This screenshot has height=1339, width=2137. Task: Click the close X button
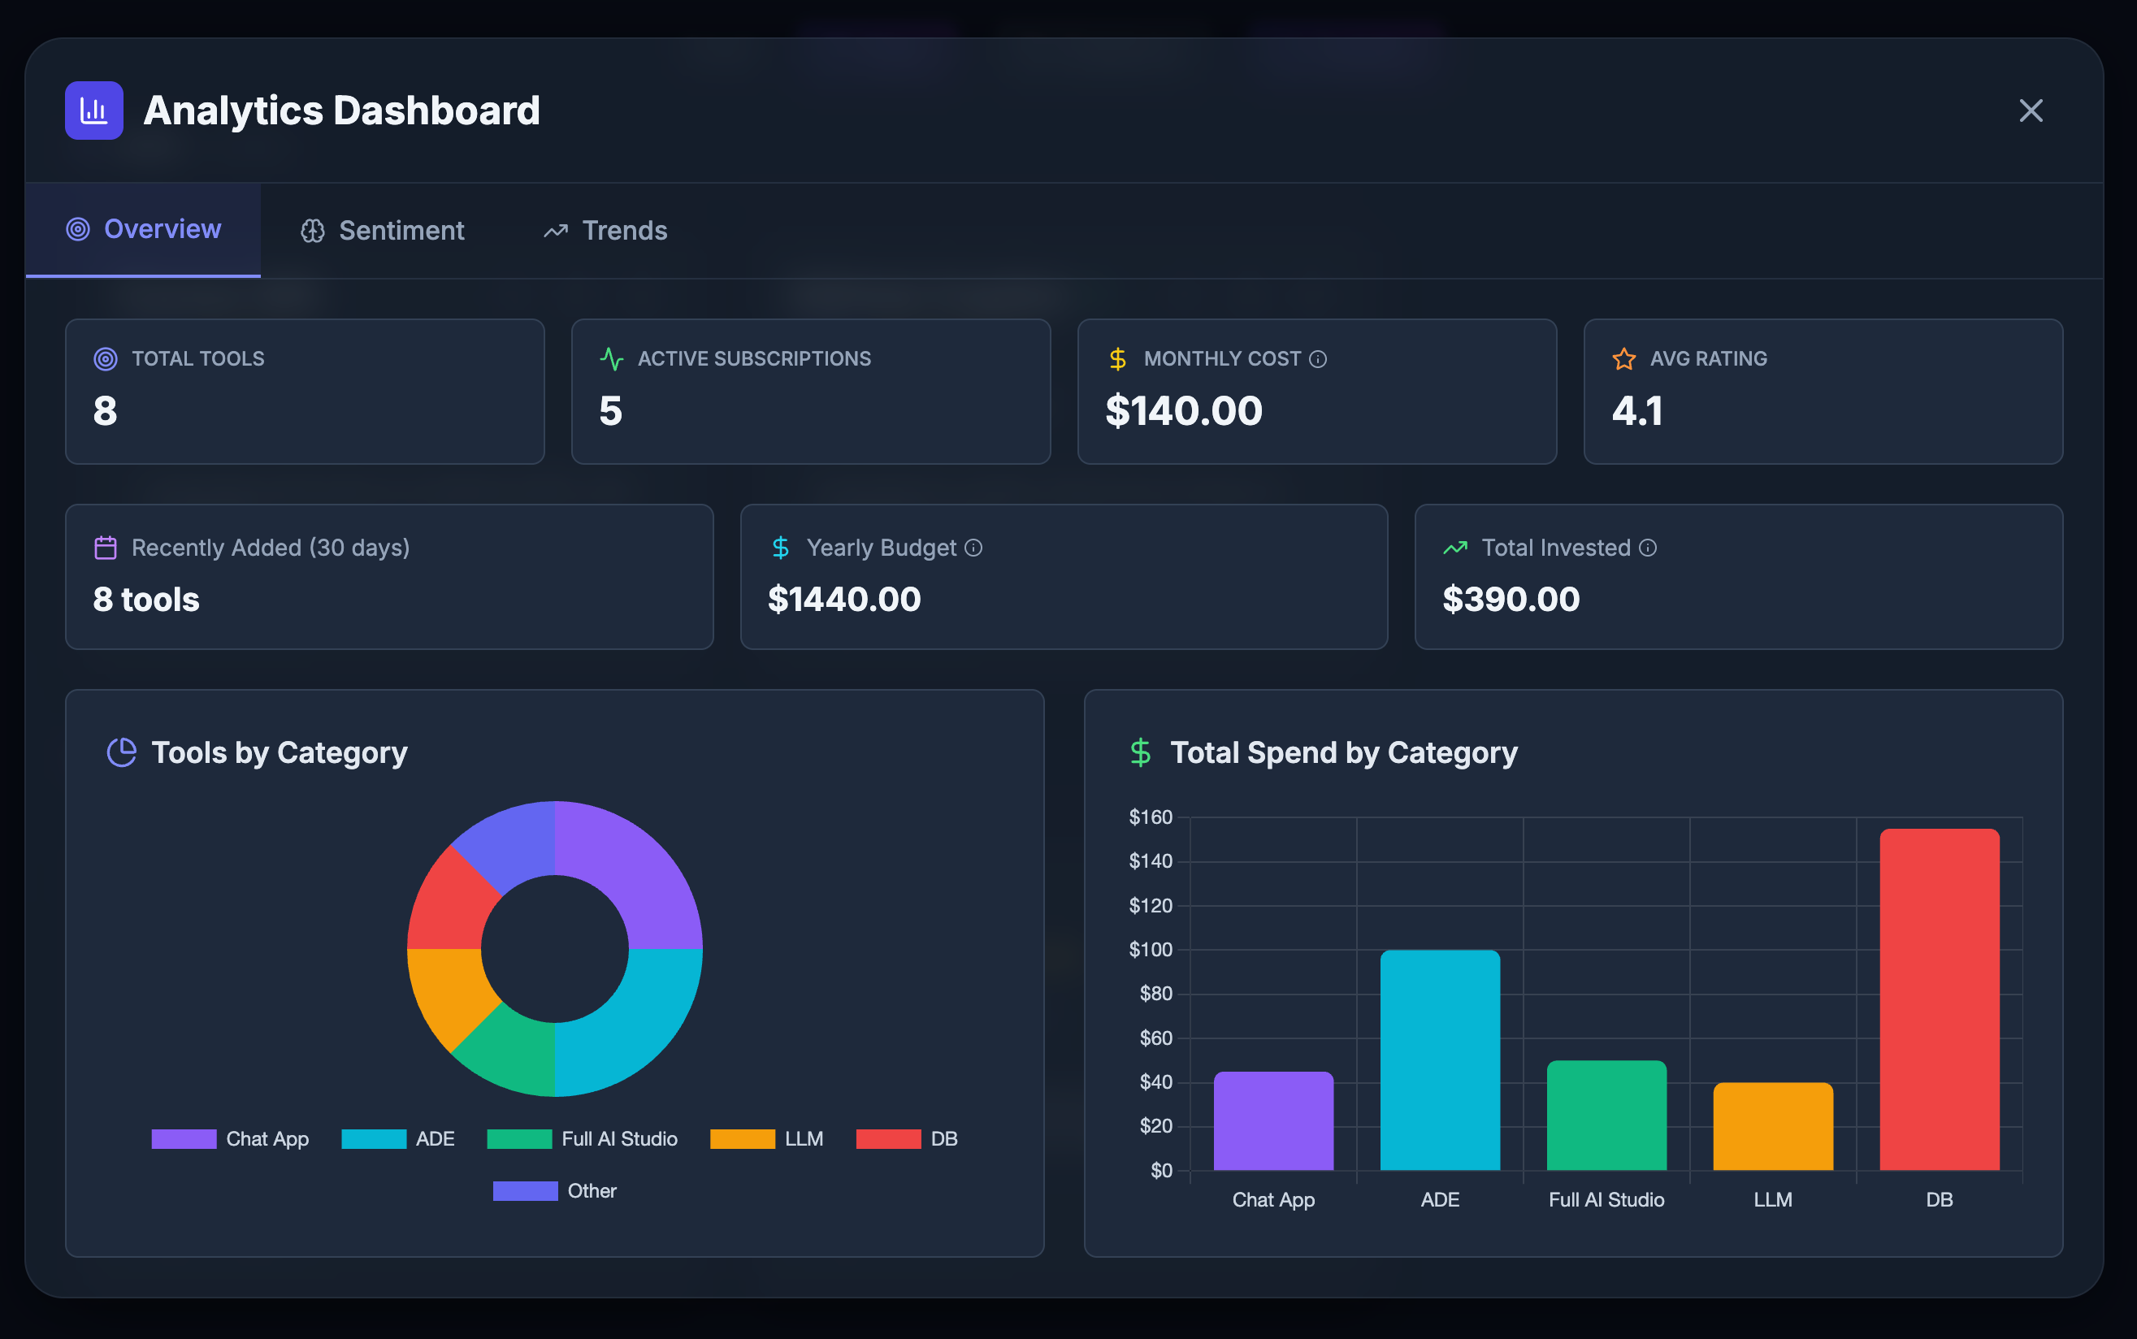(x=2030, y=110)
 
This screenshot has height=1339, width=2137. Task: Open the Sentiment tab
(x=383, y=231)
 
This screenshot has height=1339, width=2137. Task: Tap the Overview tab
(x=144, y=229)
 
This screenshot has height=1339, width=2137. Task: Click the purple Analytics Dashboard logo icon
(x=94, y=110)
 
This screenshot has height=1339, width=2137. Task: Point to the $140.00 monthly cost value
(x=1183, y=411)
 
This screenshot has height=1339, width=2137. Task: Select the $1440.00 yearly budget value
(x=844, y=600)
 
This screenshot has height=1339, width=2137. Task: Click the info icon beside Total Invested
(x=1647, y=548)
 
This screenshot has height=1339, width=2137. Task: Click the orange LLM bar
(x=1772, y=1125)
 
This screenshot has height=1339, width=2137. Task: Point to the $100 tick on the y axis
(x=1150, y=949)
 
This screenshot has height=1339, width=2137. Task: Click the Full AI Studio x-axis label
(x=1606, y=1200)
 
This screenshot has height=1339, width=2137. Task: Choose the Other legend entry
(x=555, y=1191)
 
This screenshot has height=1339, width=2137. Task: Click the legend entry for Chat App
(x=230, y=1139)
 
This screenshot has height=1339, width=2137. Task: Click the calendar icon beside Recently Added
(x=106, y=548)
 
